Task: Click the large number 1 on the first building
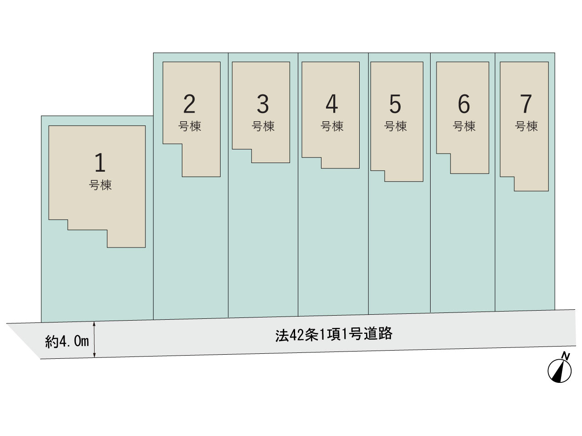[x=100, y=162]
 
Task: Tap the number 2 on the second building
[x=189, y=104]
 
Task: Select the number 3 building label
[x=262, y=104]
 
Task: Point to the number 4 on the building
[x=332, y=104]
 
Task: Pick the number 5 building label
[x=395, y=104]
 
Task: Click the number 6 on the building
[x=464, y=104]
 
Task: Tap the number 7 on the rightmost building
[x=526, y=104]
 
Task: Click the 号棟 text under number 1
[x=100, y=185]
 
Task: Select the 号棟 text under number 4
[x=332, y=126]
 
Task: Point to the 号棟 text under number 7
[x=527, y=126]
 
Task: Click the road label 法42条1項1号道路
[x=334, y=334]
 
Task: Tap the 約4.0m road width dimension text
[x=67, y=341]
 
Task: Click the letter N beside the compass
[x=566, y=356]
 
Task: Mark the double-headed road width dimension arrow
[x=95, y=340]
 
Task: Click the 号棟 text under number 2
[x=190, y=126]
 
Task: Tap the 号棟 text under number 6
[x=464, y=126]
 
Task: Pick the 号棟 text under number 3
[x=263, y=126]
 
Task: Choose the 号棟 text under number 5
[x=395, y=126]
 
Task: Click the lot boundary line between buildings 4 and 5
[x=368, y=184]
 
